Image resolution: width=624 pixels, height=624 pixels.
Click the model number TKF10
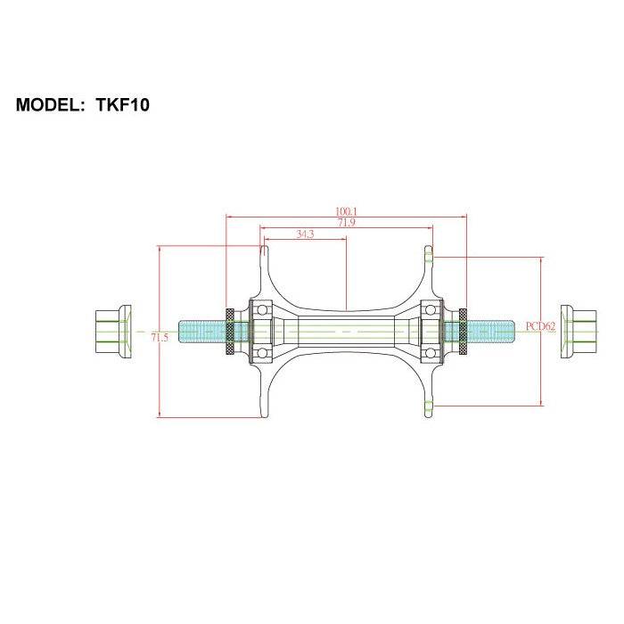(122, 105)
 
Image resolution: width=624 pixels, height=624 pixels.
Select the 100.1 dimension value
(347, 211)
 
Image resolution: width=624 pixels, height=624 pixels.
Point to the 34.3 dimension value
(304, 234)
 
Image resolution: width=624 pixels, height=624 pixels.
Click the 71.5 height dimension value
(160, 338)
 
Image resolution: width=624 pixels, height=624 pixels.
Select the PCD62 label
(540, 326)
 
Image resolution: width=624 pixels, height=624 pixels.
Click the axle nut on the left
(113, 333)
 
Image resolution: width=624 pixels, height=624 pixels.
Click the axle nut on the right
(580, 333)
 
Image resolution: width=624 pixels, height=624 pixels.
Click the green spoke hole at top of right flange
(429, 257)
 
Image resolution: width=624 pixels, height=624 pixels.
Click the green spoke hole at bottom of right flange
(429, 406)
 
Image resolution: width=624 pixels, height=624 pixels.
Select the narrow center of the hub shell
(347, 332)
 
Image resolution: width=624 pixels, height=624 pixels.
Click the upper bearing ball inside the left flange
(264, 309)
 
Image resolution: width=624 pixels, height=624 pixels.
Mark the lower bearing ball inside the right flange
(431, 355)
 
